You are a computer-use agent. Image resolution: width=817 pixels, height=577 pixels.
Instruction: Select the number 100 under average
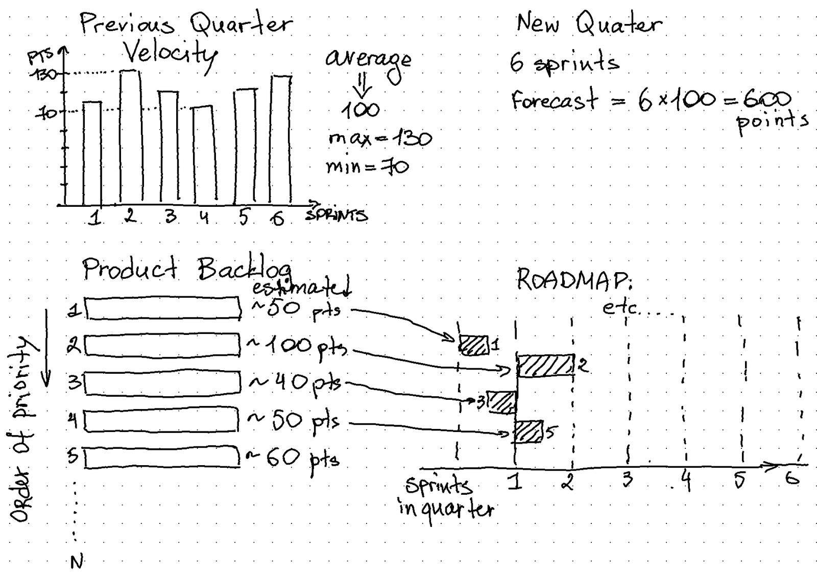coord(361,109)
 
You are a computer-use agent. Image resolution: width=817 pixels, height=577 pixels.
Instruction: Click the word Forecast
coord(554,100)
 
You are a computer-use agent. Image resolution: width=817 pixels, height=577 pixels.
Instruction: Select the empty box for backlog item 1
coord(163,308)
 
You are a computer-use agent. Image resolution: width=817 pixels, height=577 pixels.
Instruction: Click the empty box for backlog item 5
coord(162,458)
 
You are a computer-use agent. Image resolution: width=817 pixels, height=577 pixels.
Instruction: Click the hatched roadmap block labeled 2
coord(546,366)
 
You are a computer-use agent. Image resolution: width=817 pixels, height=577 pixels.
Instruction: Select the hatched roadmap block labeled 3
coord(502,402)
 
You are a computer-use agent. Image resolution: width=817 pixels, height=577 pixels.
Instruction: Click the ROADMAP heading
coord(574,279)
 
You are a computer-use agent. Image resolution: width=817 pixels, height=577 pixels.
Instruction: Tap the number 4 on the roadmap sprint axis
coord(687,481)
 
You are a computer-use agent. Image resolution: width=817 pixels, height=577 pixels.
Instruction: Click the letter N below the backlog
coord(77,562)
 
